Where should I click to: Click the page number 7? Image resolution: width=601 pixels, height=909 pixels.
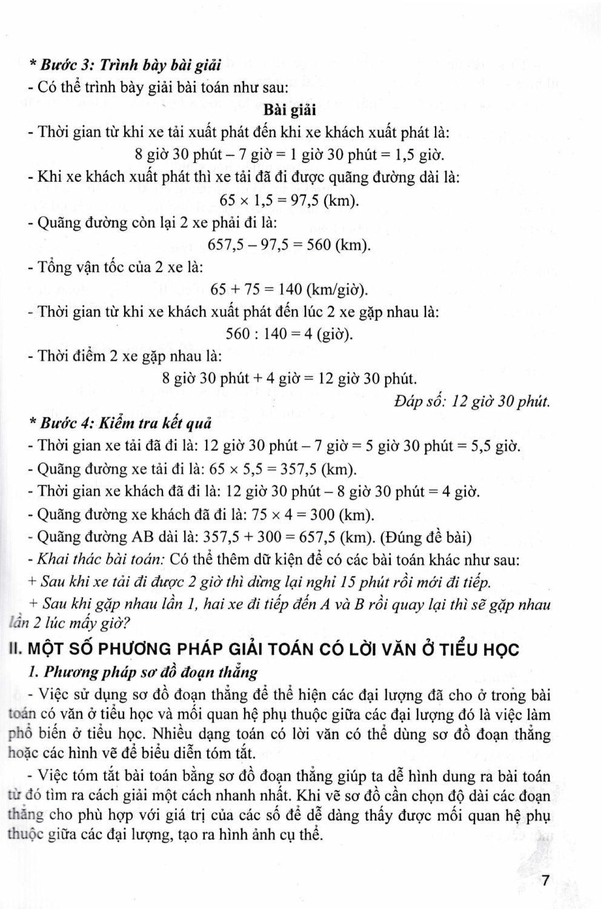coord(545,880)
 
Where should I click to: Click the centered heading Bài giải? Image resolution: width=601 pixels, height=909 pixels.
coord(290,110)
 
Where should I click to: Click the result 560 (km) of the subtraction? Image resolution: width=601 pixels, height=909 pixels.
coord(338,245)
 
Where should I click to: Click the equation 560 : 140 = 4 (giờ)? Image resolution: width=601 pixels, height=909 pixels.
coord(289,334)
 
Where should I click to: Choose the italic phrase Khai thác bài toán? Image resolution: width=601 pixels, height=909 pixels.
coord(101,559)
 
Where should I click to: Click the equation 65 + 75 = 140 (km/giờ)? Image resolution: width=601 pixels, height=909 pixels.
coord(289,290)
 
